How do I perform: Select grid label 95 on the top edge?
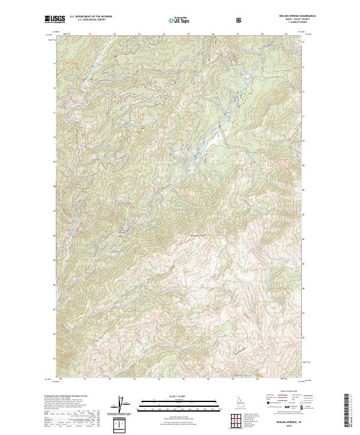coord(189,34)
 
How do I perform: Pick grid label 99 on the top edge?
coord(286,34)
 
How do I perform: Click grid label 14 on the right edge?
coord(303,58)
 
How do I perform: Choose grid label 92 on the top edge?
coord(115,34)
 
